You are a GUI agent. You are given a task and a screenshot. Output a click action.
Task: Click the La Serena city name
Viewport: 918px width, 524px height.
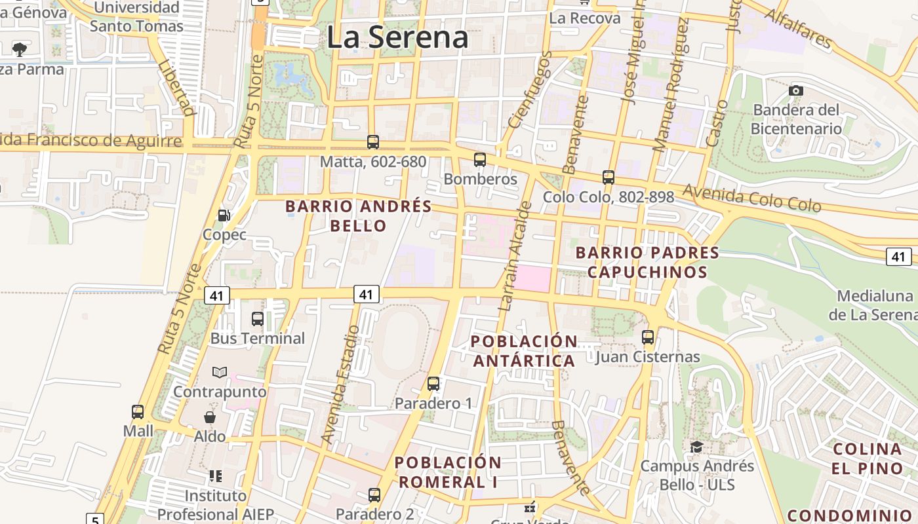[x=397, y=37]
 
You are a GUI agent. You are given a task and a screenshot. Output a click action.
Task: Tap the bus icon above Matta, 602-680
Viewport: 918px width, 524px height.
[x=373, y=141]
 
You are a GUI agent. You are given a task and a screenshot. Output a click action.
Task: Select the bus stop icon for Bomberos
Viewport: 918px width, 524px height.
[x=480, y=160]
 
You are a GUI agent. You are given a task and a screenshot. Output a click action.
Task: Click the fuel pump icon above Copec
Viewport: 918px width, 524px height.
[x=224, y=215]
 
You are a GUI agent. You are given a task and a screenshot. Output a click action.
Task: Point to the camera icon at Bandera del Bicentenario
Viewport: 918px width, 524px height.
[x=796, y=90]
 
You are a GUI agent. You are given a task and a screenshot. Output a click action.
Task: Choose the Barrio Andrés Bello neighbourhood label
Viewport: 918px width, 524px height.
[x=359, y=216]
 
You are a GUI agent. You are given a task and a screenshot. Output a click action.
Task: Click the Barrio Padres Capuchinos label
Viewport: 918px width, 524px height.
[x=647, y=262]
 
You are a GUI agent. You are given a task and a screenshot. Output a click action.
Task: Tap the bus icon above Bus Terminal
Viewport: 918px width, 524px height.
[x=258, y=319]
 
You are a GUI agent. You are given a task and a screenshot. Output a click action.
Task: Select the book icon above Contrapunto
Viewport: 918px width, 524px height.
[x=220, y=372]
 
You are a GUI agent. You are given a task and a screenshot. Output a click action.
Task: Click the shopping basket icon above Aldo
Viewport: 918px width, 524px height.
[x=210, y=417]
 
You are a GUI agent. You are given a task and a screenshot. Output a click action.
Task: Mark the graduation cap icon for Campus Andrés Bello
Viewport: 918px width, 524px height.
[x=696, y=447]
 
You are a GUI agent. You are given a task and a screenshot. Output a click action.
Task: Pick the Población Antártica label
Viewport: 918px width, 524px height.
[x=524, y=351]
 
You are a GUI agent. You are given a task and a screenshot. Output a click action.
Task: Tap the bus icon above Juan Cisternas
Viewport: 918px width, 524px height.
[x=648, y=337]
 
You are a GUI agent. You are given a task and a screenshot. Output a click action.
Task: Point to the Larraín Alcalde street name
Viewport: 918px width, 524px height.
[x=515, y=255]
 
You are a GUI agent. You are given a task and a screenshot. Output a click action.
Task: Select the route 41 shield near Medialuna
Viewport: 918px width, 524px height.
[x=898, y=256]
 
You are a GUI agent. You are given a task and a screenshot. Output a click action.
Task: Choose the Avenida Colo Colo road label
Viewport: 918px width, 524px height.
[x=751, y=198]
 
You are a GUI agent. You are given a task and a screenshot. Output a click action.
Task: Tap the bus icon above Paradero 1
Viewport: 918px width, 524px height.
[x=433, y=384]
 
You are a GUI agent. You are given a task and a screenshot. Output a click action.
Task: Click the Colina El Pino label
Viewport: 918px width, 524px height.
[x=868, y=458]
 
